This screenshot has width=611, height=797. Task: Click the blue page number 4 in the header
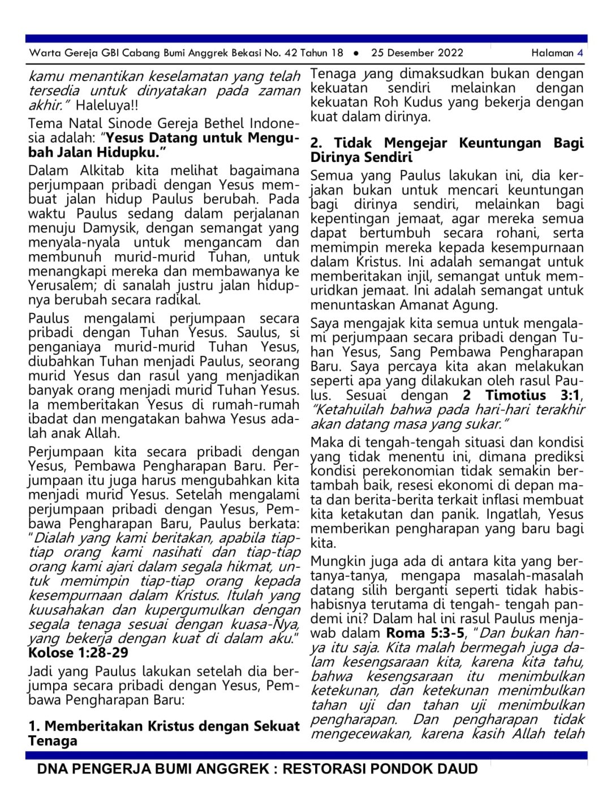pos(580,53)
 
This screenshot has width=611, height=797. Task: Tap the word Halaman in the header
pos(552,53)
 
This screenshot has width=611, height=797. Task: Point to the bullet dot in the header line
pos(356,53)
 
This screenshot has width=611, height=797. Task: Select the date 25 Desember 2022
pos(417,53)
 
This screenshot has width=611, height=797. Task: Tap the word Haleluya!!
pos(107,105)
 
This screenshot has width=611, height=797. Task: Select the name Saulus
pos(258,333)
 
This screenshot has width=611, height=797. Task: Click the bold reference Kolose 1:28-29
pos(78,653)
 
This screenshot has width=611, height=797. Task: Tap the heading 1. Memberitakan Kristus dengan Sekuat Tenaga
pos(163,733)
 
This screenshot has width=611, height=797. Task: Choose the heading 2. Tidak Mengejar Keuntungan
pos(446,150)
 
